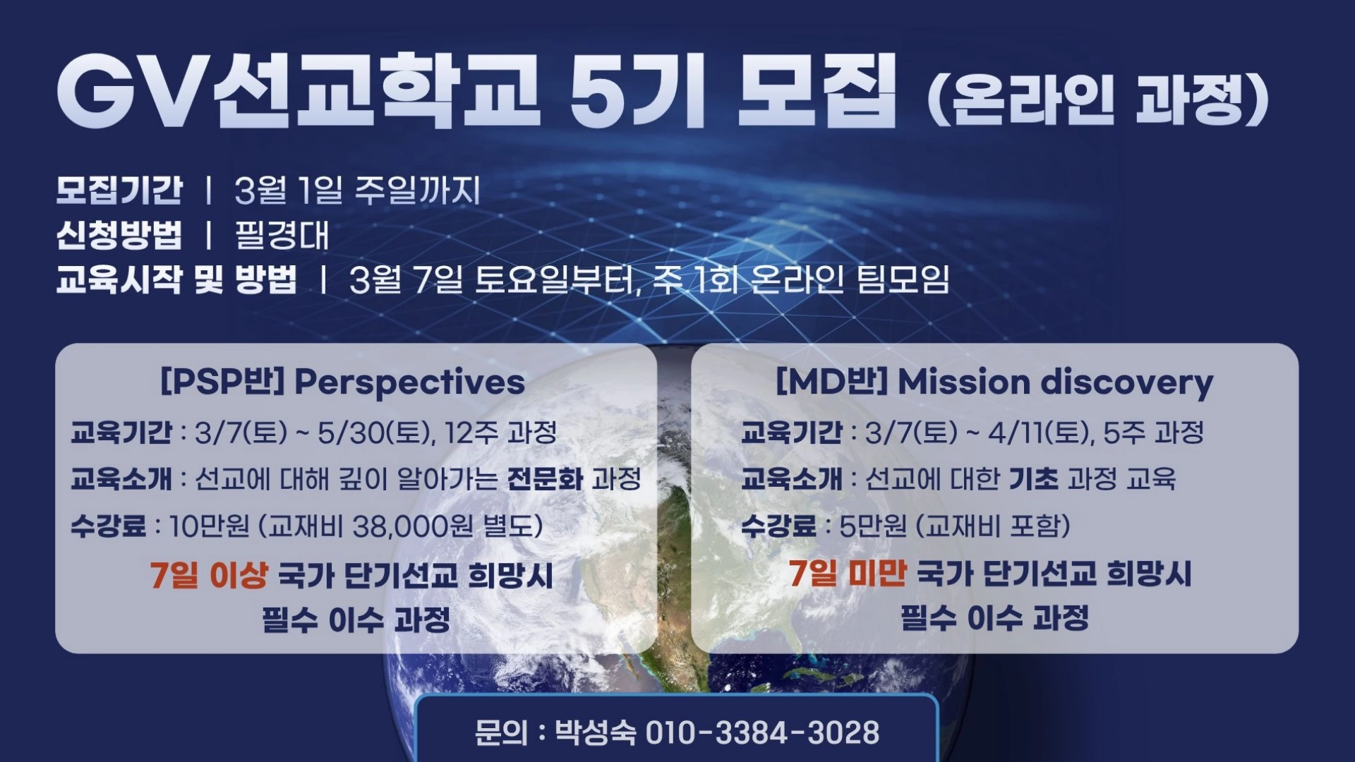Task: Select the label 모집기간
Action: (x=119, y=190)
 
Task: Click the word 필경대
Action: (x=282, y=234)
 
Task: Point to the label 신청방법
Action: (x=119, y=234)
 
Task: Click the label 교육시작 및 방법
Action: (x=176, y=279)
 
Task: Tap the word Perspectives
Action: (x=409, y=382)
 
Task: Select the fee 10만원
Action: (x=209, y=526)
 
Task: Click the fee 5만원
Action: (x=872, y=526)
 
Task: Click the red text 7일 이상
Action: (x=209, y=575)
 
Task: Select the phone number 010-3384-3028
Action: (x=762, y=732)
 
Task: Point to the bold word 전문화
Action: (x=545, y=479)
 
